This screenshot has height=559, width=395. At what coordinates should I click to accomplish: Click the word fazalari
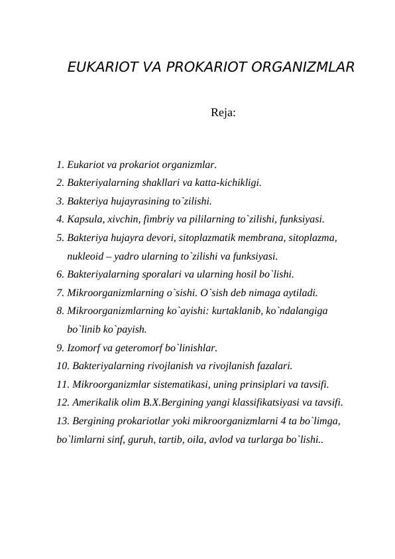[272, 365]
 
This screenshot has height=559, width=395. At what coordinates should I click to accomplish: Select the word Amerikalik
[96, 402]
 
